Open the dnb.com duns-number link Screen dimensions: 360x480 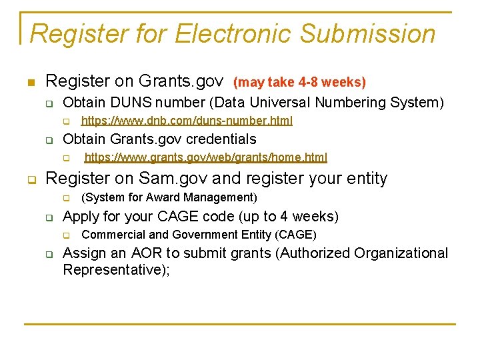click(x=187, y=121)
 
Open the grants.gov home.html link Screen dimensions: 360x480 click(x=206, y=158)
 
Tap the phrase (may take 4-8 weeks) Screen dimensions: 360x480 click(x=299, y=83)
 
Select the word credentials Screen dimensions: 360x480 click(x=221, y=139)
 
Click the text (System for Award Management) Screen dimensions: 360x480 click(x=169, y=197)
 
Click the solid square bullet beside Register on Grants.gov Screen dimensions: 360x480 click(x=30, y=83)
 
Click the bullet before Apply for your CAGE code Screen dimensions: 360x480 click(x=49, y=217)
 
